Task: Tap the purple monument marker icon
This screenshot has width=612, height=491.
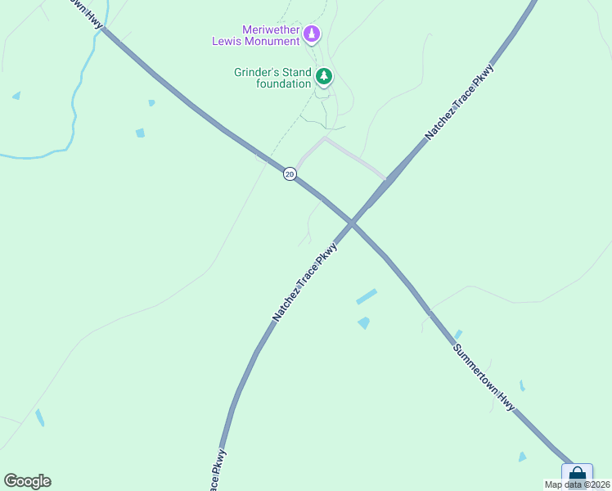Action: [311, 34]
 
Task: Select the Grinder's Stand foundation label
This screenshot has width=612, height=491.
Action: [272, 78]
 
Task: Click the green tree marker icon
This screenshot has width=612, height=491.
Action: [324, 77]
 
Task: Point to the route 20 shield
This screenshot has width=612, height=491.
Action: [290, 173]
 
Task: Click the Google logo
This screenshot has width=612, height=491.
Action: [27, 481]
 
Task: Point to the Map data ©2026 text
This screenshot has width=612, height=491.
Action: [578, 484]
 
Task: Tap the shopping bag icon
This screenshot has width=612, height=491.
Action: [577, 475]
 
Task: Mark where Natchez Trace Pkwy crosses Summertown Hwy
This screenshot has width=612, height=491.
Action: [352, 222]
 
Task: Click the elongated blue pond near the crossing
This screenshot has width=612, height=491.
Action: [367, 296]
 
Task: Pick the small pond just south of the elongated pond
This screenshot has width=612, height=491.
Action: [363, 323]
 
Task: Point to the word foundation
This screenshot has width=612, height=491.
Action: [283, 83]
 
